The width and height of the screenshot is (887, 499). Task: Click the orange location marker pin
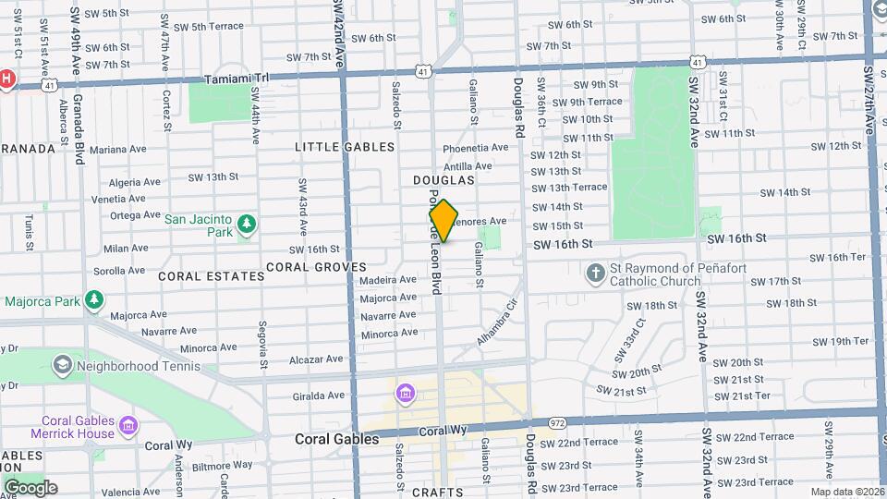pyautogui.click(x=443, y=221)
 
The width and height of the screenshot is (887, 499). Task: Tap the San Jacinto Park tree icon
pyautogui.click(x=246, y=225)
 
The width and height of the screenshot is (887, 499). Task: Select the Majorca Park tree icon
pyautogui.click(x=93, y=300)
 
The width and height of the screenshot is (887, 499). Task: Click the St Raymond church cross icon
pyautogui.click(x=597, y=273)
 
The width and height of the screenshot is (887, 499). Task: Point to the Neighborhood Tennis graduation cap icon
pyautogui.click(x=62, y=365)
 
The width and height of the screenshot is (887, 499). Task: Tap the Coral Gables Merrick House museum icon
pyautogui.click(x=129, y=426)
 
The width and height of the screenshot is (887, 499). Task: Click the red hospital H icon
pyautogui.click(x=6, y=79)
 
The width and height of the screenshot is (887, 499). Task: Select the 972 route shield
pyautogui.click(x=557, y=422)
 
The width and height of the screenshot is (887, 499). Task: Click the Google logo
pyautogui.click(x=30, y=487)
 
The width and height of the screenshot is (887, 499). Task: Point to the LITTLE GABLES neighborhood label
pyautogui.click(x=345, y=147)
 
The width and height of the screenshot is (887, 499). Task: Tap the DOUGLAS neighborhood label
pyautogui.click(x=443, y=180)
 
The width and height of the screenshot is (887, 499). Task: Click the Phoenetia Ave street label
pyautogui.click(x=476, y=147)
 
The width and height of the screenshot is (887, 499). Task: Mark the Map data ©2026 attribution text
pyautogui.click(x=847, y=492)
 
